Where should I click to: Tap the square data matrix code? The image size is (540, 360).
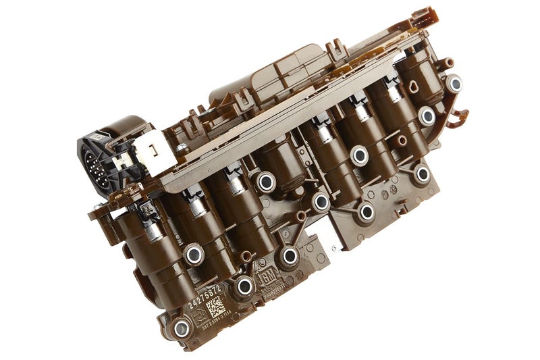pos(215,307)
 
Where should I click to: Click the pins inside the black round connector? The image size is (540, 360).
pos(95,163)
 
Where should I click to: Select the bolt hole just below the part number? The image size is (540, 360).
pos(182,328)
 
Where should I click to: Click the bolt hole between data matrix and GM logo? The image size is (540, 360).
pos(245,286)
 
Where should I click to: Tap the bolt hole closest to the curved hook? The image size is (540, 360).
pos(454,84)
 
